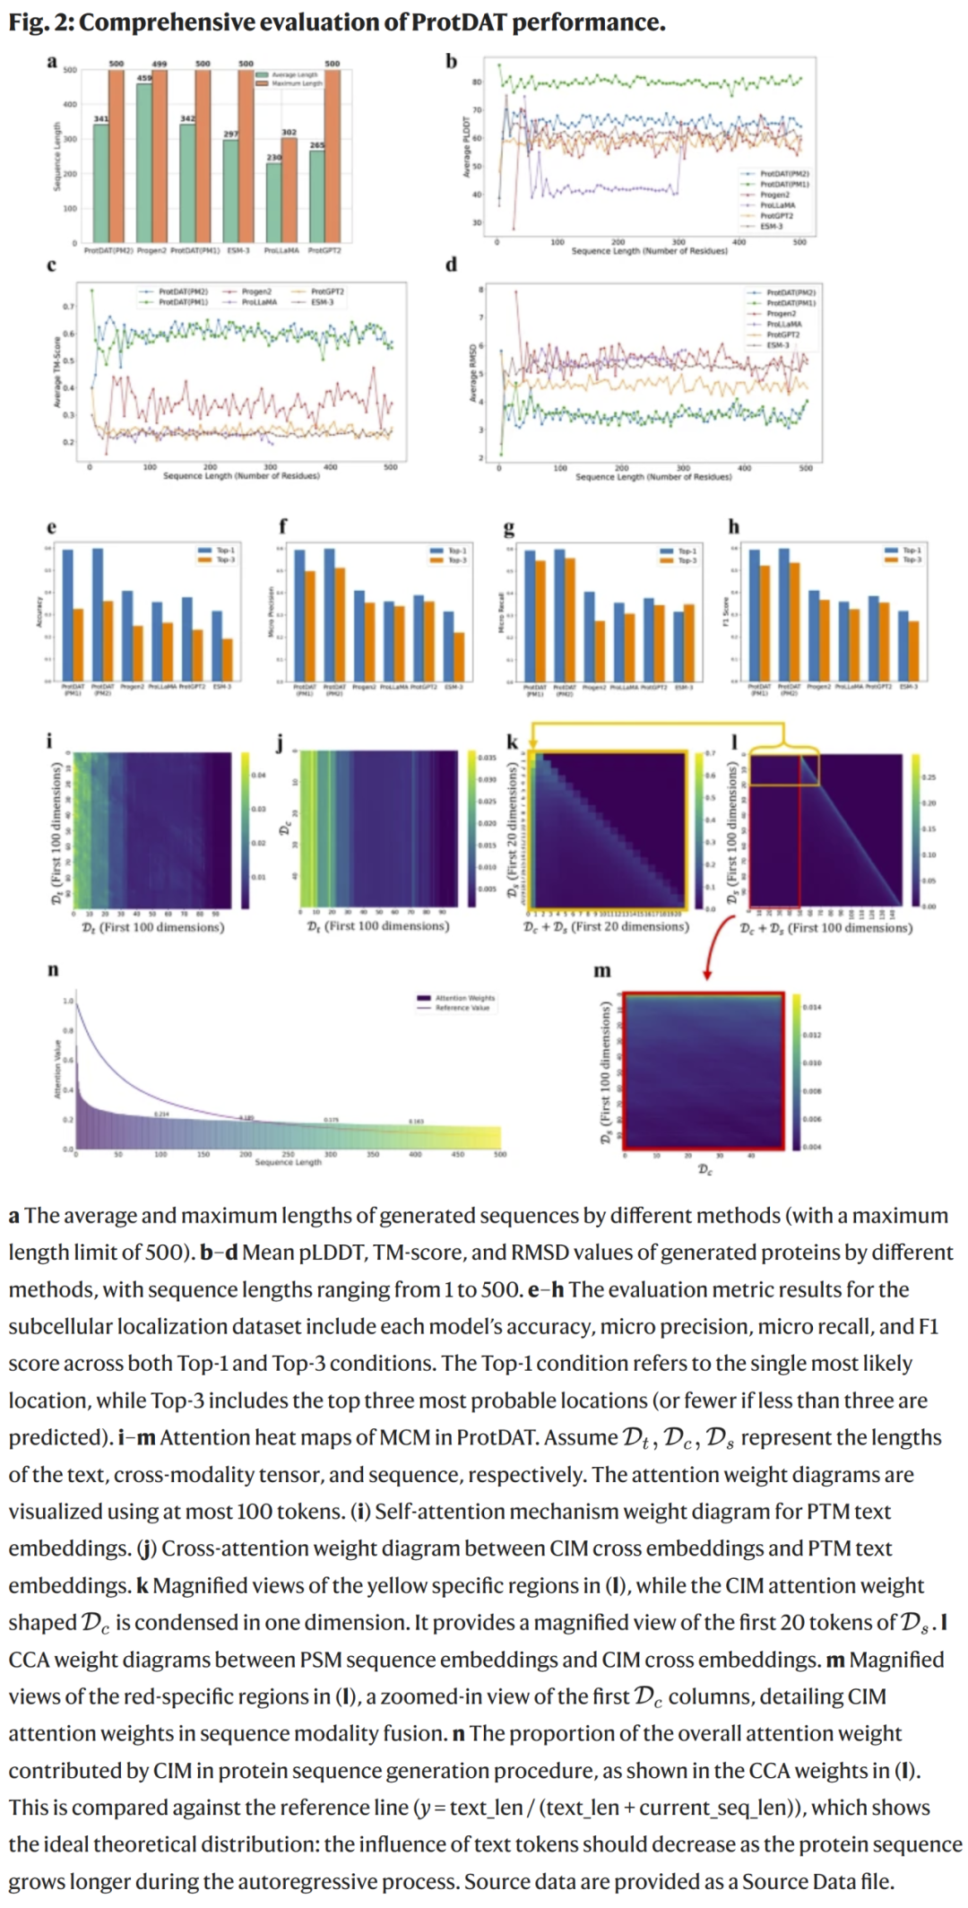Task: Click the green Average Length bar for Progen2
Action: (x=144, y=161)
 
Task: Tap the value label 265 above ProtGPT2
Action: (x=317, y=144)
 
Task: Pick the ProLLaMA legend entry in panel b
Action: (x=776, y=205)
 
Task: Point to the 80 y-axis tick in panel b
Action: (x=477, y=82)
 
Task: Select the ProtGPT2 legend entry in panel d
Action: (x=782, y=334)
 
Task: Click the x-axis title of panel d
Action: (x=653, y=477)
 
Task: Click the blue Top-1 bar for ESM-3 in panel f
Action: (x=449, y=646)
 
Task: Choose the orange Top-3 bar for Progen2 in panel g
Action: (x=600, y=650)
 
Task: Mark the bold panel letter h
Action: (x=734, y=526)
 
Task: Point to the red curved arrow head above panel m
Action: (x=707, y=975)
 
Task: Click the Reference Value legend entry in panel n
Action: (x=462, y=1008)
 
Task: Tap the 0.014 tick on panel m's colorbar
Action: (x=812, y=1007)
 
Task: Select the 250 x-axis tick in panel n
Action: (x=288, y=1154)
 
